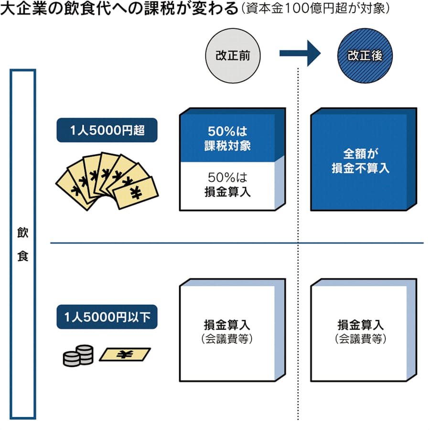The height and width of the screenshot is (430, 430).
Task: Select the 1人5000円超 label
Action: pyautogui.click(x=107, y=130)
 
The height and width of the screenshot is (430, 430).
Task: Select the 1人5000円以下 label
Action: pyautogui.click(x=107, y=316)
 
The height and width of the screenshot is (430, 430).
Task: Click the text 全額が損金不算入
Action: pyautogui.click(x=360, y=161)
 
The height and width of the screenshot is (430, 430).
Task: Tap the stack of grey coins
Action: pyautogui.click(x=78, y=355)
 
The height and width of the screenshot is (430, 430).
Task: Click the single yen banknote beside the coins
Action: pyautogui.click(x=124, y=354)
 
